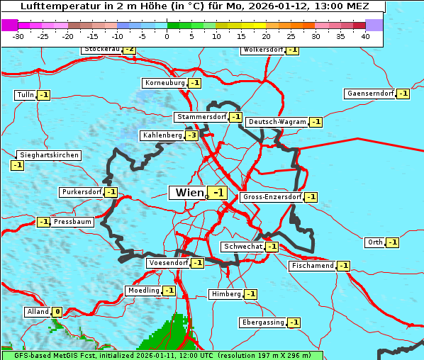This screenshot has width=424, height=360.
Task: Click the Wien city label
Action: point(189,193)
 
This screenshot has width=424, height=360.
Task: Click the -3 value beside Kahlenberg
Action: point(191,135)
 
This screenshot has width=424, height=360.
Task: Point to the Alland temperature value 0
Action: point(57,312)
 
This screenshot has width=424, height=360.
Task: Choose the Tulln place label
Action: point(25,95)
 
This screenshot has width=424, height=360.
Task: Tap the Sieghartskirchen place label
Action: point(49,155)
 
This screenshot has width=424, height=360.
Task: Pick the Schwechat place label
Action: point(242,247)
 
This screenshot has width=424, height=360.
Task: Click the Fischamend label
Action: point(312,266)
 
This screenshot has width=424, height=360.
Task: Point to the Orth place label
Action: point(374,242)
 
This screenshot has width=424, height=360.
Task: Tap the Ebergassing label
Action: point(262,322)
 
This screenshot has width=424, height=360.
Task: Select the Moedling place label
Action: point(143,291)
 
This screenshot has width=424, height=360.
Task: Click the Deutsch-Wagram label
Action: point(277,122)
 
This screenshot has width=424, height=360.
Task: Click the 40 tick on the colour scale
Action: point(365,36)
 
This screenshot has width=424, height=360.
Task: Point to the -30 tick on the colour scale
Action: point(18,36)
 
